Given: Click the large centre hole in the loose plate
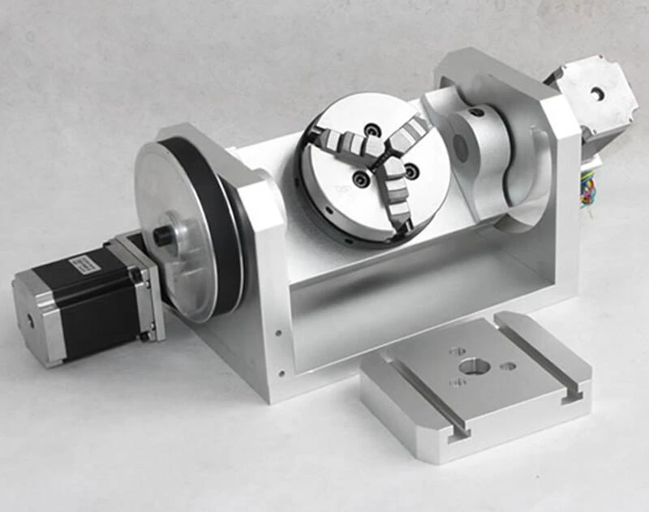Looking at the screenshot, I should click(474, 366).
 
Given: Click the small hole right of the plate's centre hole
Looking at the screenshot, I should click(509, 366).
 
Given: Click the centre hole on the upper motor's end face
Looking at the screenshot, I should click(598, 93).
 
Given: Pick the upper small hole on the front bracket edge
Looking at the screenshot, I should click(279, 332).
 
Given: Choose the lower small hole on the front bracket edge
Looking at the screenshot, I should click(280, 375).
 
